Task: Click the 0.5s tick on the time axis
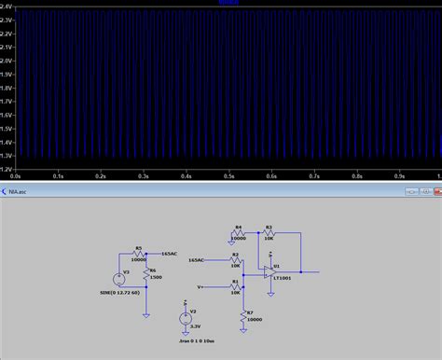click(228, 174)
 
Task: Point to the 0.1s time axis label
click(58, 174)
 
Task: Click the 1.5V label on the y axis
click(7, 128)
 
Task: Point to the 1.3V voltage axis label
click(7, 156)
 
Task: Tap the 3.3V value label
click(196, 325)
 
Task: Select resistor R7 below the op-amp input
click(243, 318)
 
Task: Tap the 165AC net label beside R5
click(170, 253)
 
